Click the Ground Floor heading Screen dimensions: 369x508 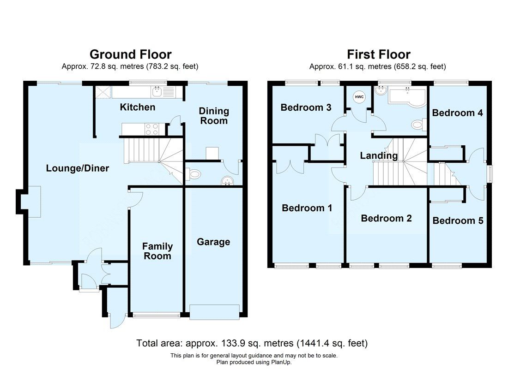tap(130, 54)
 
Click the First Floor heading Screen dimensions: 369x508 tap(379, 54)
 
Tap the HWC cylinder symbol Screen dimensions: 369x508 tap(359, 97)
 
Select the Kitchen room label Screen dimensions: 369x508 tap(138, 107)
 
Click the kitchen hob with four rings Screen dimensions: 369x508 tap(152, 129)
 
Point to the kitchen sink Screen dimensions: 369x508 tap(157, 93)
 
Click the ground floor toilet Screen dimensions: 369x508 tap(194, 174)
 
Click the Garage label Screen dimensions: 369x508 tap(213, 242)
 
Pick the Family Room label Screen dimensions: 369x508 tap(157, 251)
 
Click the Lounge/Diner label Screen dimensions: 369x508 tap(78, 168)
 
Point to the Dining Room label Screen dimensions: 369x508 tap(214, 116)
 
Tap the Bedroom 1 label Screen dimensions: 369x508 tap(307, 208)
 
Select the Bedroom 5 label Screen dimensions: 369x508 tap(458, 221)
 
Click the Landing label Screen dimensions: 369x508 tap(379, 156)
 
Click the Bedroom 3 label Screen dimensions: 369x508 tap(306, 107)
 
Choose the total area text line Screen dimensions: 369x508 tap(252, 343)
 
